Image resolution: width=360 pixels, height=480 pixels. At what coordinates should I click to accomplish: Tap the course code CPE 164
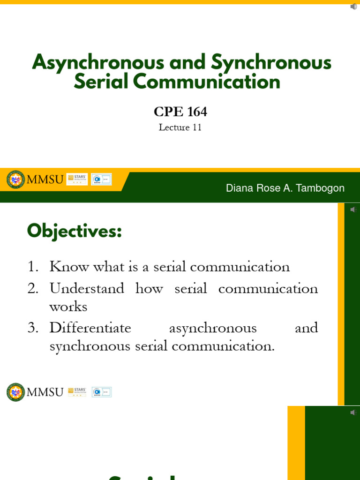click(x=180, y=112)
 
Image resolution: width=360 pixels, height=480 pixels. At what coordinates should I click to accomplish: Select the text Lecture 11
click(x=180, y=127)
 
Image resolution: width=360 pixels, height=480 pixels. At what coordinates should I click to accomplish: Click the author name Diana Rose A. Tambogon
click(x=285, y=188)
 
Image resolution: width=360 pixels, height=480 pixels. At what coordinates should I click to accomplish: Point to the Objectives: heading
click(x=75, y=231)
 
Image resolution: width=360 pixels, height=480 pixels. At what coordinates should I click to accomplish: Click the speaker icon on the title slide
click(x=353, y=7)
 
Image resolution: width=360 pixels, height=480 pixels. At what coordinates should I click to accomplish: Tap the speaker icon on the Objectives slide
click(x=353, y=209)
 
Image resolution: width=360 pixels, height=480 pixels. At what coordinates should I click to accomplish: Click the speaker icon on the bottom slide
click(x=353, y=412)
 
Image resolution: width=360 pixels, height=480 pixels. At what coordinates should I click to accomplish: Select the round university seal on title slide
click(x=15, y=179)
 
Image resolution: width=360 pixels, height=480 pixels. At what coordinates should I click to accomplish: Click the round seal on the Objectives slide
click(x=15, y=392)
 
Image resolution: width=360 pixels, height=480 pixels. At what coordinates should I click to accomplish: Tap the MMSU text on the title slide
click(x=45, y=180)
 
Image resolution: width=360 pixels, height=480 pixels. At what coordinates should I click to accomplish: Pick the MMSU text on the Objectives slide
click(x=45, y=392)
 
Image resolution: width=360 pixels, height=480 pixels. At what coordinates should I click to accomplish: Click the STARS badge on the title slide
click(x=77, y=179)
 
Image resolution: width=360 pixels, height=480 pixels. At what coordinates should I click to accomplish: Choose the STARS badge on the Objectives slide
click(x=77, y=392)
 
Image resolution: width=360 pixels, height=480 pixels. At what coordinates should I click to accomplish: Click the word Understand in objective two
click(x=87, y=288)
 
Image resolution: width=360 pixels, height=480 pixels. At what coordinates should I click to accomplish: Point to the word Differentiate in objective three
click(x=90, y=328)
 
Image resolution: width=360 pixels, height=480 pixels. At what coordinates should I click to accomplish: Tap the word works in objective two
click(x=68, y=307)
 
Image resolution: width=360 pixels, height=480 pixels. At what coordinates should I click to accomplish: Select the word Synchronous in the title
click(x=271, y=63)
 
